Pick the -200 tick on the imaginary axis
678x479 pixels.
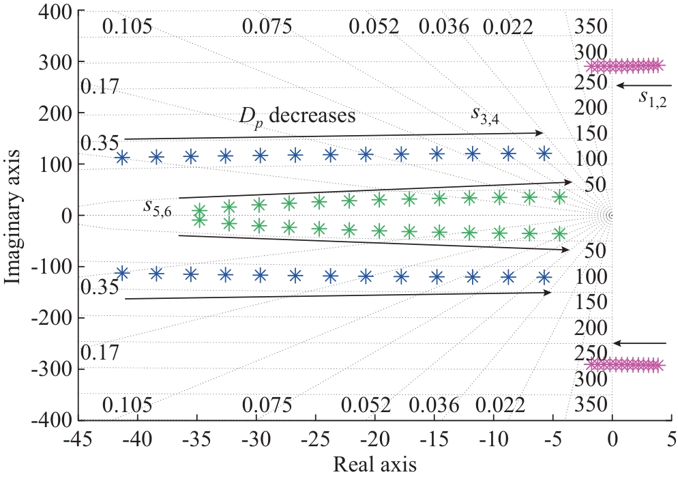[55, 318]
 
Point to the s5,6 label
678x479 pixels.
[158, 205]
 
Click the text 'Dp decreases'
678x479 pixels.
[297, 115]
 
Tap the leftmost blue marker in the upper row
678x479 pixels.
[122, 158]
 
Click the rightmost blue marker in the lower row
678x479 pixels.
[544, 277]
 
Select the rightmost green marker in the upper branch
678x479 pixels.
[559, 197]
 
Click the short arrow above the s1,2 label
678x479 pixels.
[645, 85]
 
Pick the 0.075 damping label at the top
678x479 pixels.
[267, 27]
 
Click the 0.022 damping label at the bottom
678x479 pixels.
[501, 405]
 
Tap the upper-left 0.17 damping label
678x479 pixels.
[100, 87]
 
